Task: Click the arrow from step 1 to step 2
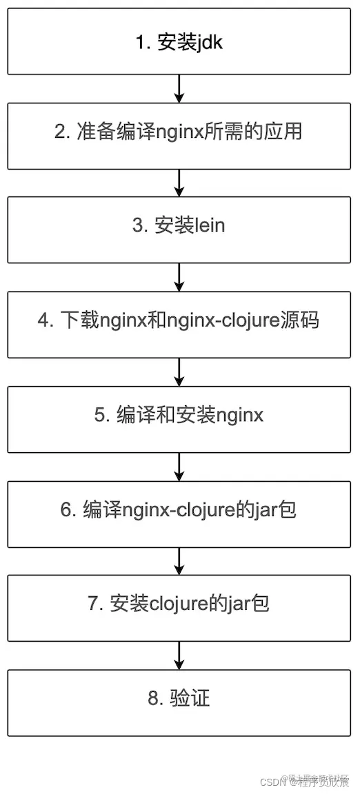pyautogui.click(x=179, y=88)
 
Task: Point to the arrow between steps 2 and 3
pyautogui.click(x=179, y=183)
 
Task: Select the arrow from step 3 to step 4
pyautogui.click(x=179, y=277)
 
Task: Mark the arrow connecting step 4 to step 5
pyautogui.click(x=179, y=372)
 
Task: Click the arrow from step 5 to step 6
pyautogui.click(x=179, y=467)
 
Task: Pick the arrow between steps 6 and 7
pyautogui.click(x=179, y=562)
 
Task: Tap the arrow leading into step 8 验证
pyautogui.click(x=179, y=655)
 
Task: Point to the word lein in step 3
pyautogui.click(x=210, y=226)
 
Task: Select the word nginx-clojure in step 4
pyautogui.click(x=225, y=321)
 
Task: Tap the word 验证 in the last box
pyautogui.click(x=189, y=699)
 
